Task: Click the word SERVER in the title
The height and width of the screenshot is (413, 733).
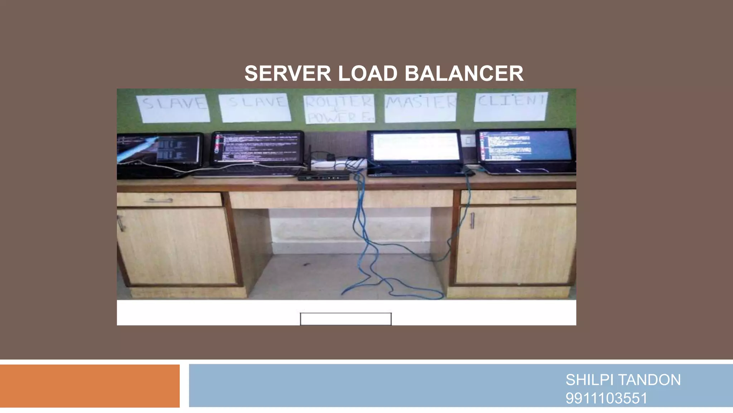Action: click(x=288, y=73)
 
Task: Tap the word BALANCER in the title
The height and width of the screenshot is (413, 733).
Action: click(x=464, y=73)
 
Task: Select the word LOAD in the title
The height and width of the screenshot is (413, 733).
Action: click(x=368, y=73)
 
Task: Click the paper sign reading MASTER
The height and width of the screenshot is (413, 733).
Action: click(x=420, y=107)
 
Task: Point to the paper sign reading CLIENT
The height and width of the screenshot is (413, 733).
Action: click(x=510, y=106)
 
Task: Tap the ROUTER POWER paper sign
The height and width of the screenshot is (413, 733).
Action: click(x=339, y=109)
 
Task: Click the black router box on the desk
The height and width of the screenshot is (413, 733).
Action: click(x=324, y=175)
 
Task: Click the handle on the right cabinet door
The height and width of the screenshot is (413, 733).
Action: click(x=472, y=220)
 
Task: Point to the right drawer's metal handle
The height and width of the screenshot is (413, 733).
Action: click(x=525, y=198)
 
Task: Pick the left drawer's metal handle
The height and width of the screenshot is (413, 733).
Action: click(x=158, y=200)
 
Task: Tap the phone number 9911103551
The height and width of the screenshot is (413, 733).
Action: click(x=606, y=398)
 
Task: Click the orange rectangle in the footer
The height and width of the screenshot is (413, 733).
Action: click(x=89, y=386)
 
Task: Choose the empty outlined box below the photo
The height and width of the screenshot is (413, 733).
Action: click(x=346, y=319)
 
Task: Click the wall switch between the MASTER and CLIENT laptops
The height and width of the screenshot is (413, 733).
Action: click(x=468, y=141)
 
